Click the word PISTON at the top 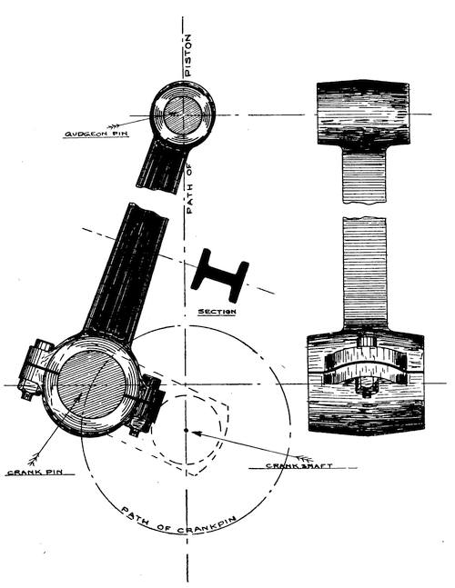coord(188,55)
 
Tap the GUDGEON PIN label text coord(96,134)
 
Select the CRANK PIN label coord(35,472)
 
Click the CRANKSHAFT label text coord(298,466)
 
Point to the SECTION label coord(217,312)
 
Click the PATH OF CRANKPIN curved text coord(178,523)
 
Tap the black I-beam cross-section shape coord(220,275)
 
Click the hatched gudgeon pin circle coord(182,115)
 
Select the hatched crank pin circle coord(90,385)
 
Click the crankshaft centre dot coord(186,430)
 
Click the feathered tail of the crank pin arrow coord(35,458)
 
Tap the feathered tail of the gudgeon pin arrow coord(114,125)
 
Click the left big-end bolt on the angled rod coord(35,369)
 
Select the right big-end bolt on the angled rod coord(147,404)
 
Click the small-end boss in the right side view coord(363,113)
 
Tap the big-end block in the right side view coord(366,382)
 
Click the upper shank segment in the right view coord(364,175)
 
